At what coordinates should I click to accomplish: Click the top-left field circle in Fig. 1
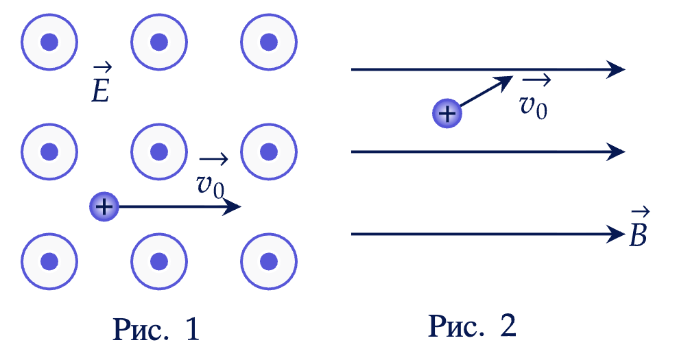tap(49, 42)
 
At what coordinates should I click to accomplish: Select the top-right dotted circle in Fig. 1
tap(269, 42)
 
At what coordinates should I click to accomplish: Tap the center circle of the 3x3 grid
tap(159, 152)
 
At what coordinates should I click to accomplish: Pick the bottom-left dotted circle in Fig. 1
tap(49, 261)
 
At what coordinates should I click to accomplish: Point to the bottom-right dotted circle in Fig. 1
tap(269, 261)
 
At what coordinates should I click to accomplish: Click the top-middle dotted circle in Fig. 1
tap(159, 42)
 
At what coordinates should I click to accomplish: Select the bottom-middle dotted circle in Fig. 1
tap(159, 261)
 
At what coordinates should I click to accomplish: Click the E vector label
tap(102, 85)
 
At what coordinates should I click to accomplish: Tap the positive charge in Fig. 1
tap(104, 206)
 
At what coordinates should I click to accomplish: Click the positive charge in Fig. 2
tap(447, 114)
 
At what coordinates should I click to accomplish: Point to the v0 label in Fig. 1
tap(211, 179)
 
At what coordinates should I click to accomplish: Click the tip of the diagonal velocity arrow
tap(510, 78)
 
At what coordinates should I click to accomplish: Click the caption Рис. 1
tap(156, 330)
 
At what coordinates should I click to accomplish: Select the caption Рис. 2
tap(472, 326)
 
